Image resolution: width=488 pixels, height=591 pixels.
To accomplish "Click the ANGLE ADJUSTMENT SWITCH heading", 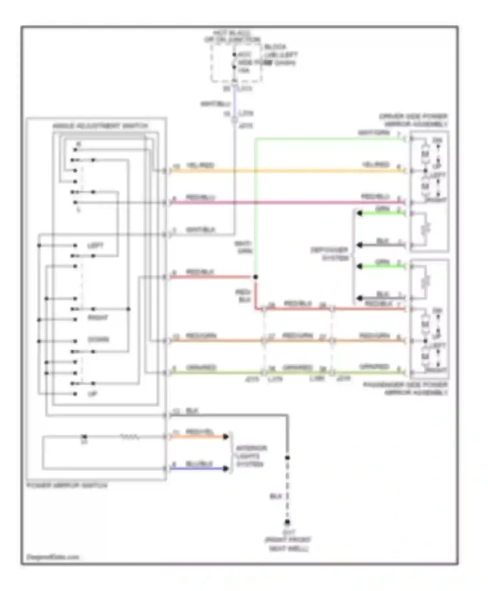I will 100,126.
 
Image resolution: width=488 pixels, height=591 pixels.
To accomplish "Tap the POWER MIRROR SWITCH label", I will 67,485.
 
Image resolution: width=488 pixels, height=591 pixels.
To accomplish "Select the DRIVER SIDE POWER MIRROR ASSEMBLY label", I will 413,120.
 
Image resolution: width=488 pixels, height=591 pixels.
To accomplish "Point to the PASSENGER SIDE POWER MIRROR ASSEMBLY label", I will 405,389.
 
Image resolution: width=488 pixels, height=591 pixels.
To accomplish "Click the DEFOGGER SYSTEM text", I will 329,254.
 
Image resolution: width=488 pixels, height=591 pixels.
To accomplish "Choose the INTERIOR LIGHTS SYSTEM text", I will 251,456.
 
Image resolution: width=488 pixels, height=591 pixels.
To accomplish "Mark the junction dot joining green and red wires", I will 255,277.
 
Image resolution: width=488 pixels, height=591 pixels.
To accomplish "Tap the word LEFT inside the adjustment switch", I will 95,246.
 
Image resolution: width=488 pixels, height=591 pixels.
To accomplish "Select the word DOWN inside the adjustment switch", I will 98,339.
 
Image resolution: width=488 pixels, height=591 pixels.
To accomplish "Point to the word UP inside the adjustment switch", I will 92,394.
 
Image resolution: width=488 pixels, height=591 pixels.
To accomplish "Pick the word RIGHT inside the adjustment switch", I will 98,318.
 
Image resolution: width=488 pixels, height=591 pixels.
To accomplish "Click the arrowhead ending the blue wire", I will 226,468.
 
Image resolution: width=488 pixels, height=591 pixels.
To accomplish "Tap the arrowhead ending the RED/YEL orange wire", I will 226,437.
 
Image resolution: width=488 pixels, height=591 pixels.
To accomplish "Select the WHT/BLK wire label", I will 200,230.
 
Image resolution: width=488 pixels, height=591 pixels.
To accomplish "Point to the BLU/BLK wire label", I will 199,464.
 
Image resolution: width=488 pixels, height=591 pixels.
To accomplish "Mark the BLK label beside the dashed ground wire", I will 276,496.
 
